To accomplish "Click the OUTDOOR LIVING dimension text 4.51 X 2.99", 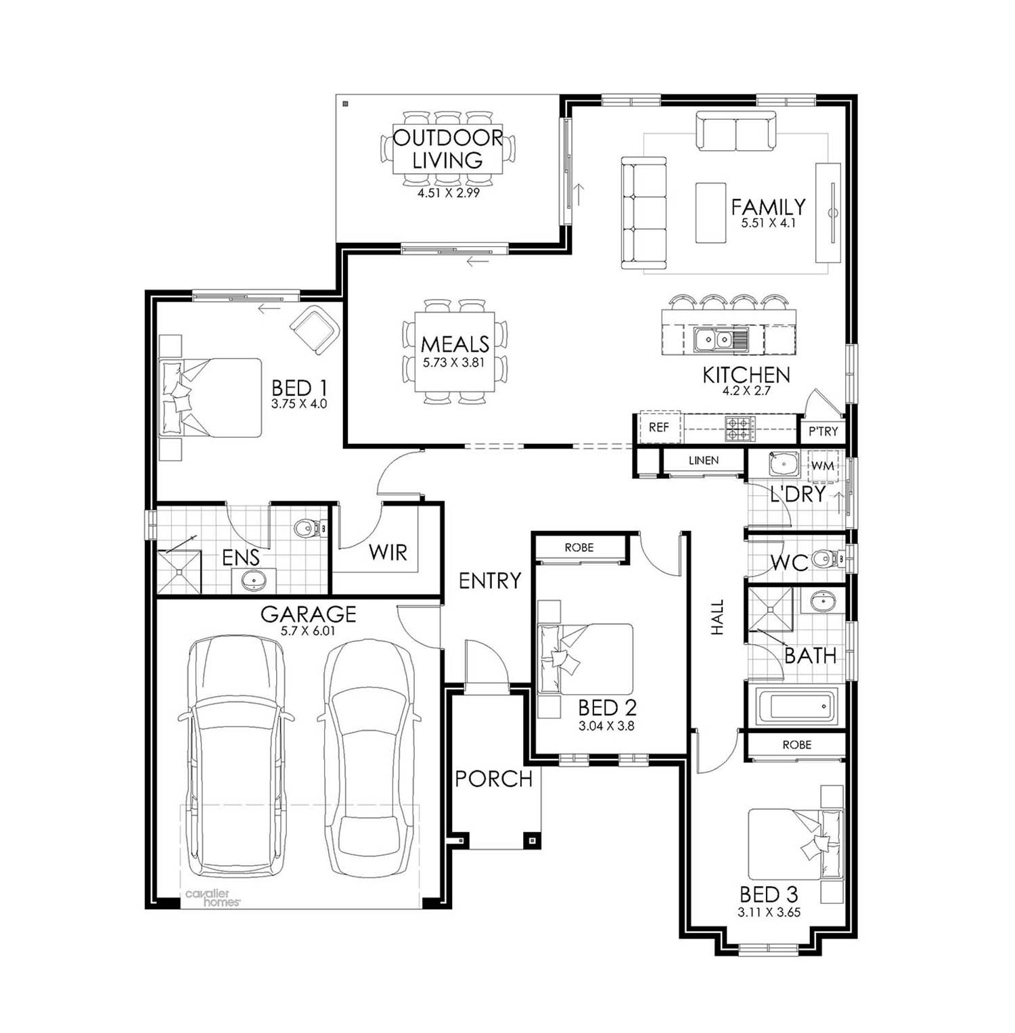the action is pos(449,193).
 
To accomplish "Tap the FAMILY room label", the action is pos(768,206).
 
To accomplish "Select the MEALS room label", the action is pos(455,344).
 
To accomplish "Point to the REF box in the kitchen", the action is pos(659,428).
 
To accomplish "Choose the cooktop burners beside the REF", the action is pos(740,428).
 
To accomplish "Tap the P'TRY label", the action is pos(823,431).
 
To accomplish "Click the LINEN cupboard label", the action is pos(704,461).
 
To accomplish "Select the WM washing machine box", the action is pos(822,466).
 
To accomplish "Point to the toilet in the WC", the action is pos(826,559).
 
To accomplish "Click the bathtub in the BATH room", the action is pos(796,706).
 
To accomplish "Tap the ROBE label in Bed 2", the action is pos(579,547).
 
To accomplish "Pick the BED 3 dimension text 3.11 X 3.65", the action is pos(769,912).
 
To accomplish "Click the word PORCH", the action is pos(493,779).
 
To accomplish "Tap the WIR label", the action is pos(388,553).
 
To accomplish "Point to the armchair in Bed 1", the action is pos(315,329).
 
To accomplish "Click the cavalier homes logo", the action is pos(212,898).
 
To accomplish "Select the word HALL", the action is pos(717,617).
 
